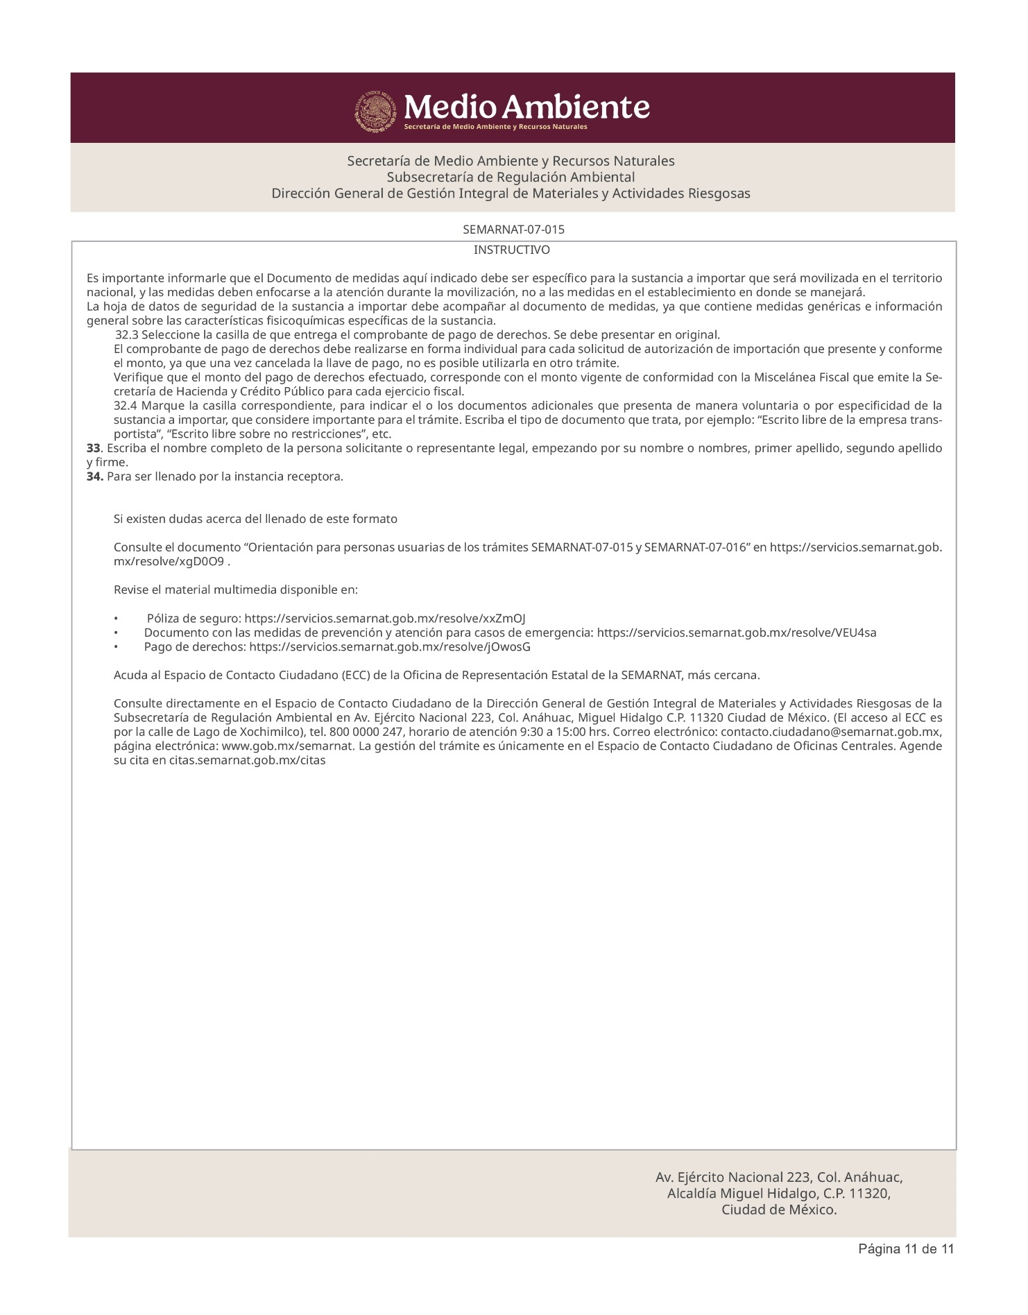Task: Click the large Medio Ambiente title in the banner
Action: (526, 108)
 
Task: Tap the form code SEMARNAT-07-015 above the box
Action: (513, 229)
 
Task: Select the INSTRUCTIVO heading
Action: (512, 250)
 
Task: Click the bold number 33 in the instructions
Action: (94, 448)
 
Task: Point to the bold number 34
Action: (95, 476)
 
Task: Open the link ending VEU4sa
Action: (736, 633)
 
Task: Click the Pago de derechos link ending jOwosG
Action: (389, 647)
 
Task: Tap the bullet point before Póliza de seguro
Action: (117, 619)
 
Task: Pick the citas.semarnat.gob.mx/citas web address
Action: (248, 760)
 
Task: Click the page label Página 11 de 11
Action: (906, 1269)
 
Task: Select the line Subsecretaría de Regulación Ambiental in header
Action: (511, 177)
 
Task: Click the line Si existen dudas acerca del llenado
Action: (255, 519)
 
